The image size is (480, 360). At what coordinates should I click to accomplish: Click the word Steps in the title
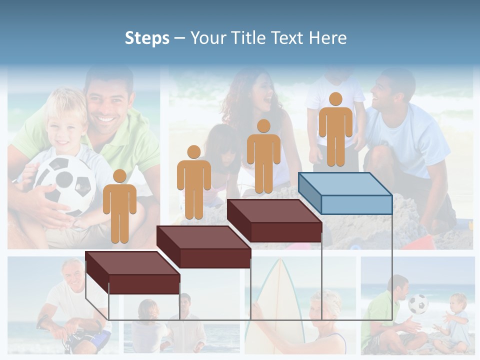click(147, 38)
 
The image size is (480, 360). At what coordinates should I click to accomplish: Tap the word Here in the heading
click(327, 38)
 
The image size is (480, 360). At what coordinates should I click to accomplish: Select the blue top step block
click(345, 192)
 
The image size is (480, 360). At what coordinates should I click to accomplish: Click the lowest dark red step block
click(132, 272)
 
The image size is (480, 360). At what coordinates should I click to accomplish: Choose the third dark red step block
click(274, 220)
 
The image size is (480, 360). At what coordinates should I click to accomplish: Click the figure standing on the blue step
click(335, 132)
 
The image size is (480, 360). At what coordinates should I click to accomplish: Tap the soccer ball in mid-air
click(418, 303)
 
